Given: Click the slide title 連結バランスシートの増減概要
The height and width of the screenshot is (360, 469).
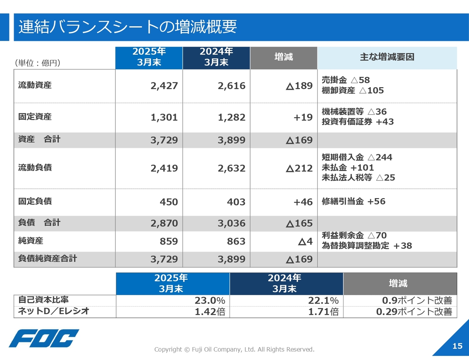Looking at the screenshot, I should (128, 27).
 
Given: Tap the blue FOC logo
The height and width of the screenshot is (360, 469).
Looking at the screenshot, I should (44, 338).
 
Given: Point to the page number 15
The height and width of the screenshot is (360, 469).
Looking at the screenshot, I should (457, 346).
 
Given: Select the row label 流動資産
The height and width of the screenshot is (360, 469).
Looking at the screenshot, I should (35, 85).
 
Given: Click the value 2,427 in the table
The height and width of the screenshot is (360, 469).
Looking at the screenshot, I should (164, 86).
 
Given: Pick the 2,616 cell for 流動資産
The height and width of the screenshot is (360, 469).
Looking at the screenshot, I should (232, 86).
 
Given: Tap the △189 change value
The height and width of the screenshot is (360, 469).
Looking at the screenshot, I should (299, 86).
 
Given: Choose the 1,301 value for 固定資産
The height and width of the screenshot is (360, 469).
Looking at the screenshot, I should (164, 117).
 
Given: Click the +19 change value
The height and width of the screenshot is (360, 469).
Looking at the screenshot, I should (303, 117).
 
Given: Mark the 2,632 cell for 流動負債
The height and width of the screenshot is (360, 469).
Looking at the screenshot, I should (232, 168).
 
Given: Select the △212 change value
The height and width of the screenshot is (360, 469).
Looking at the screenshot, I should (299, 168).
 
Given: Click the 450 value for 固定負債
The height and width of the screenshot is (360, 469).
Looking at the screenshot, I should (169, 202).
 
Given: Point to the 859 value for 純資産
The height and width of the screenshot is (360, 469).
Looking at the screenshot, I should (169, 241).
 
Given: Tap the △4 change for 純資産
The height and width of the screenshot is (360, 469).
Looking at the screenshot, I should (305, 241).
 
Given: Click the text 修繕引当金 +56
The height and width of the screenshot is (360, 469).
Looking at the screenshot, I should (354, 201).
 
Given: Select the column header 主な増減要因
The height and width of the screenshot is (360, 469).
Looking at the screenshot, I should (387, 57).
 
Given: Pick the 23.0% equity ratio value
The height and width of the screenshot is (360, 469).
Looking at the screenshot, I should (210, 301).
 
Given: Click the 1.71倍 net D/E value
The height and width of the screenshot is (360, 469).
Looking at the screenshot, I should (323, 312).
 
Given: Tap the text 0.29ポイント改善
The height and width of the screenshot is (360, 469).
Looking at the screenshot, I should (414, 312).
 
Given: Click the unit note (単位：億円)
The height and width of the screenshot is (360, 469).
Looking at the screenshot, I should (37, 63).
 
